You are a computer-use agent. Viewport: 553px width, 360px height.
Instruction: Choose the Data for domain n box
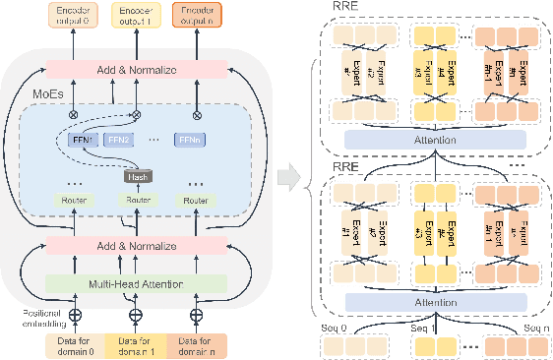[x=197, y=344]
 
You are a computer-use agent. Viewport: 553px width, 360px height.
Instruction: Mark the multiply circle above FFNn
[x=197, y=113]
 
